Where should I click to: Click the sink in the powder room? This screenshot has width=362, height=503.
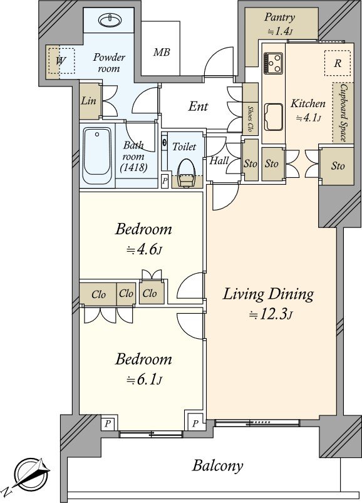point(111,21)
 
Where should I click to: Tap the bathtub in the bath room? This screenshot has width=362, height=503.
point(97,155)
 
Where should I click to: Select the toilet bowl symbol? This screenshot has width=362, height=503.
point(186,174)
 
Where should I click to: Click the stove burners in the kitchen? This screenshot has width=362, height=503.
point(273,63)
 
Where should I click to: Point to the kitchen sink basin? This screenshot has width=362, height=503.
point(274,117)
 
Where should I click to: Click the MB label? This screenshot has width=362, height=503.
point(162,52)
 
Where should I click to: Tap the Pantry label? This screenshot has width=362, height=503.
point(279,17)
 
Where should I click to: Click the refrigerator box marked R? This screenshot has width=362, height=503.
point(338,63)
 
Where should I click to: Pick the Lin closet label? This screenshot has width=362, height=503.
point(88,101)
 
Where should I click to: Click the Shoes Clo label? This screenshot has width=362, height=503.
point(250,120)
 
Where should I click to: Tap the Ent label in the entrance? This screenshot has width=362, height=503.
point(198,106)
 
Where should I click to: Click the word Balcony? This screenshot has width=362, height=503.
point(217,466)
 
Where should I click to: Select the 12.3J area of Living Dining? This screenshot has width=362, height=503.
point(271,315)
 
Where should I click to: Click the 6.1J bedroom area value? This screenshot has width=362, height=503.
point(144,380)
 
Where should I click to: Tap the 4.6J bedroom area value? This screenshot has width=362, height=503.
point(144,250)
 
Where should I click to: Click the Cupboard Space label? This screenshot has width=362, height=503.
point(343,113)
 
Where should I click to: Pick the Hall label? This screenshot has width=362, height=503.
point(219,160)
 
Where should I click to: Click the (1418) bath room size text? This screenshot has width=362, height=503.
point(133,167)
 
